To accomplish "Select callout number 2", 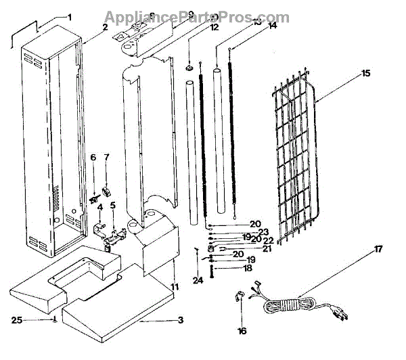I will [105, 27].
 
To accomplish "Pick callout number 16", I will [242, 331].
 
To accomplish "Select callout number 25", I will [17, 319].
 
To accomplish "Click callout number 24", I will [197, 280].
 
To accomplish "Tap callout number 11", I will [174, 287].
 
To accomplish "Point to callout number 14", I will [273, 26].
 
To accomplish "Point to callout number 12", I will [215, 28].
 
